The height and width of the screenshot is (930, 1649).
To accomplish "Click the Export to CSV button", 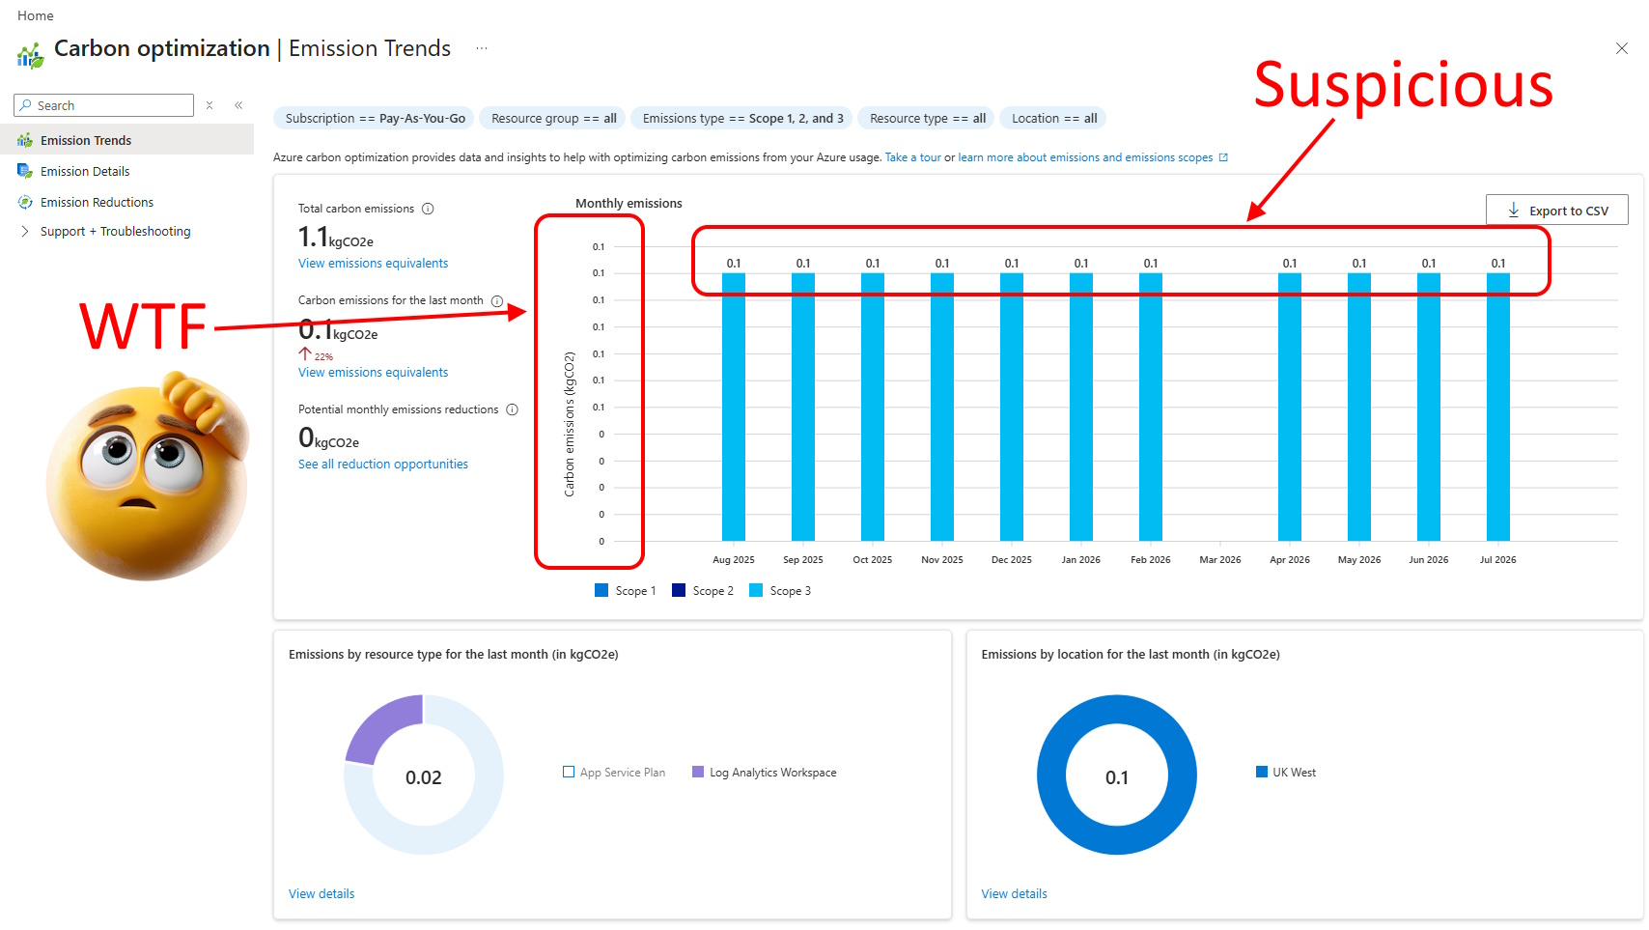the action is click(x=1556, y=211).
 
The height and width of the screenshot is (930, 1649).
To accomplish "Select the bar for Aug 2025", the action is click(x=733, y=408).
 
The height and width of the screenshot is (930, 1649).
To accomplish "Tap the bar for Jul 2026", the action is click(x=1498, y=408).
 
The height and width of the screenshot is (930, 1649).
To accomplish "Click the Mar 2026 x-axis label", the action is click(x=1219, y=559).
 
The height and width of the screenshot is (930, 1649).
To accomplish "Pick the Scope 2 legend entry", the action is click(x=702, y=591).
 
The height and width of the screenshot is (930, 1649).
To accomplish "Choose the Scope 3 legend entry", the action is click(x=779, y=591).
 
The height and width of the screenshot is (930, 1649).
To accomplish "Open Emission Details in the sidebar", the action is click(x=85, y=171).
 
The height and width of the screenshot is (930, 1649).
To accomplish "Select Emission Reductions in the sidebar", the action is click(x=97, y=202).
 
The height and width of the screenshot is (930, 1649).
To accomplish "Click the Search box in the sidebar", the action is click(x=104, y=105).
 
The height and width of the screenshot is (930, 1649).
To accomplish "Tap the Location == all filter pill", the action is click(x=1053, y=119).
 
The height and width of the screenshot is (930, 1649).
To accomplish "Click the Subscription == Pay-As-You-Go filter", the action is click(x=375, y=119).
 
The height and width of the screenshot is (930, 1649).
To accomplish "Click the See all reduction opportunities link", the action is click(x=382, y=464).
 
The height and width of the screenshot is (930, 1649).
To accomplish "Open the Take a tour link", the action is click(x=912, y=157).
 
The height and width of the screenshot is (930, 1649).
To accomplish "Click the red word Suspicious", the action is click(x=1403, y=85).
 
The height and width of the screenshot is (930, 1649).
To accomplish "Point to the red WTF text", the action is click(x=143, y=327).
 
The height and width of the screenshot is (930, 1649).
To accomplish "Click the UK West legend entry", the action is click(x=1285, y=773).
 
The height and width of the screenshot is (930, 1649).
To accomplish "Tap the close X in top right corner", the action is click(x=1622, y=48).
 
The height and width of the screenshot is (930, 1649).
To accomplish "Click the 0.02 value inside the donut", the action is click(x=423, y=777).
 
